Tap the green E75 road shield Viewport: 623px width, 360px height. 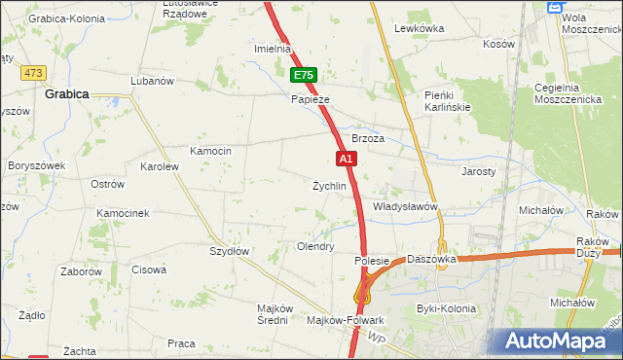[x=303, y=75]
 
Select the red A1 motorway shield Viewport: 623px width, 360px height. [x=346, y=157]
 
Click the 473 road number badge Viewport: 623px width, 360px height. [x=36, y=73]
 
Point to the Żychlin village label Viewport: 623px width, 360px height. [x=329, y=186]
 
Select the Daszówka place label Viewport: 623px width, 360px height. [x=432, y=260]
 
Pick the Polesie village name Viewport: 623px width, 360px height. [x=372, y=261]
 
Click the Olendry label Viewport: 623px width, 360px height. [x=315, y=247]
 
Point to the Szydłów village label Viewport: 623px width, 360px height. [x=231, y=251]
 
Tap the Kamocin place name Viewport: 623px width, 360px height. [x=210, y=151]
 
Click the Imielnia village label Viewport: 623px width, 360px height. [x=273, y=49]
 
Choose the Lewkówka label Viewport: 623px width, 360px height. [x=420, y=28]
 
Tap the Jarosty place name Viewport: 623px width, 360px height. [x=478, y=170]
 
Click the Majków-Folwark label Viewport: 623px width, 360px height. [x=346, y=320]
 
